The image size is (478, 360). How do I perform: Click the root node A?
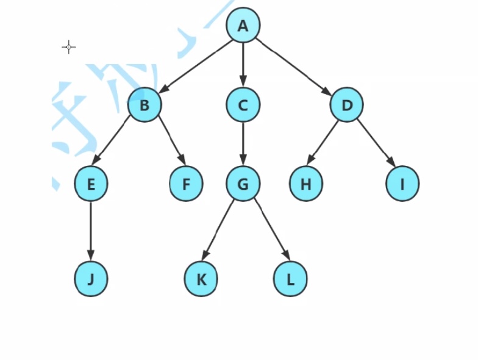click(x=243, y=26)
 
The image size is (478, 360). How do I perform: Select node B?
click(x=144, y=105)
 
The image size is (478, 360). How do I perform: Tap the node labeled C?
click(x=243, y=105)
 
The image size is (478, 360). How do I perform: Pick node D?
click(x=347, y=105)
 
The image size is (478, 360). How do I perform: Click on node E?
click(x=91, y=184)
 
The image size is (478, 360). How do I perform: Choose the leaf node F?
click(x=186, y=184)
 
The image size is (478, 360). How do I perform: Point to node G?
click(x=243, y=184)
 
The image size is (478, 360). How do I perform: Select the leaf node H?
click(x=306, y=184)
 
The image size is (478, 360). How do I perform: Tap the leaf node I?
click(x=403, y=184)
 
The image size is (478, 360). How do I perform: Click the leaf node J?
click(x=91, y=279)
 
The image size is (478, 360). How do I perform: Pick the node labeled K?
click(x=201, y=279)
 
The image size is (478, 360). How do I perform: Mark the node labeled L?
click(x=290, y=279)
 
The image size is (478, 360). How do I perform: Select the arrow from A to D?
click(x=293, y=67)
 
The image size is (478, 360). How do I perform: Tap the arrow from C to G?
click(x=243, y=144)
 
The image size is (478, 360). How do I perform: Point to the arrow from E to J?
click(x=91, y=231)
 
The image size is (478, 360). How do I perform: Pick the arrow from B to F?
click(x=172, y=140)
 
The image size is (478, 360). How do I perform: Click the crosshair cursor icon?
click(x=69, y=47)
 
